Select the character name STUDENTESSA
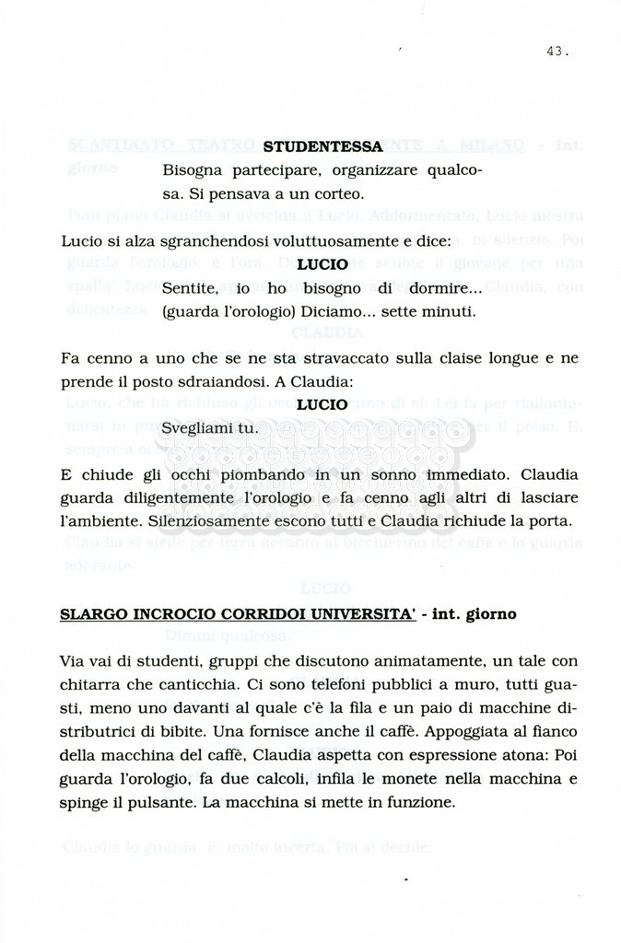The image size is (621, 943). point(322,146)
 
